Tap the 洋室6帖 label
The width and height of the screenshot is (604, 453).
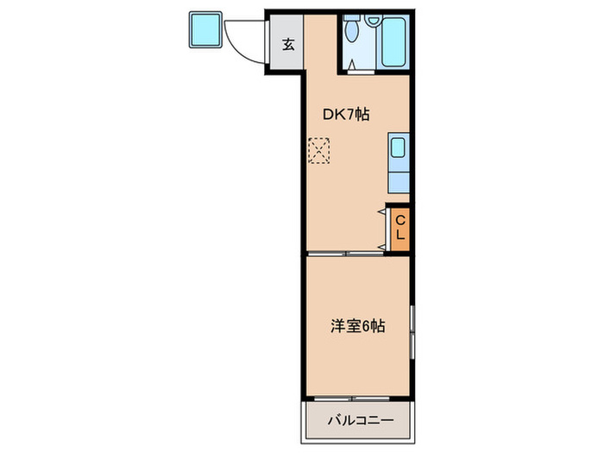point(356,327)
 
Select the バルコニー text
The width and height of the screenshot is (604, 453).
point(360,421)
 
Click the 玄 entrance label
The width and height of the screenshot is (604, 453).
point(288,45)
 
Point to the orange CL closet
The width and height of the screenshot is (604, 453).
point(400,229)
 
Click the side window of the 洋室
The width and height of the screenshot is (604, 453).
point(412,332)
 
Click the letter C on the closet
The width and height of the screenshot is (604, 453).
point(400,219)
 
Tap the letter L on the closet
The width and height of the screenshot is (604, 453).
point(400,236)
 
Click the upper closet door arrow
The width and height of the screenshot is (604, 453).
point(381,210)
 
